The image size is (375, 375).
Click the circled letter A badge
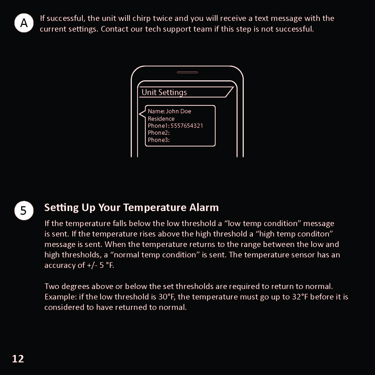pos(24,23)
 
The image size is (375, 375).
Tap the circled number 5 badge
pos(24,211)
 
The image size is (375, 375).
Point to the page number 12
pos(18,359)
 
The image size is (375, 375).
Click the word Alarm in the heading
pos(204,208)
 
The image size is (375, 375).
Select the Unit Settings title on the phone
pos(164,92)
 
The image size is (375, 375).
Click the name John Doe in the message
pos(178,111)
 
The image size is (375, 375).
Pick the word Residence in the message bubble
pos(161,119)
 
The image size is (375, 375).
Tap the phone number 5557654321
pos(187,126)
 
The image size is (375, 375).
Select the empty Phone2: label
pos(159,133)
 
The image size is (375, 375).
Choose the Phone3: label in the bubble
pos(159,140)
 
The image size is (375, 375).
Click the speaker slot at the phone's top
pos(187,72)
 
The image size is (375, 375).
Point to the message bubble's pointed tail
pos(141,114)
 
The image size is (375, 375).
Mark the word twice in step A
pos(163,18)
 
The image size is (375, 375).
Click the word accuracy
pos(60,265)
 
